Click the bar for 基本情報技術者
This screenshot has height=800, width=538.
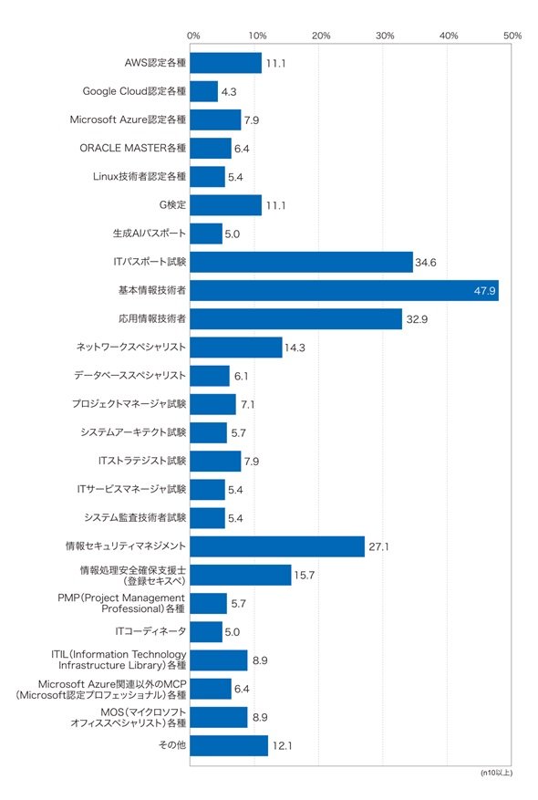pos(344,290)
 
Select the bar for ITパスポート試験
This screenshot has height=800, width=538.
pos(302,262)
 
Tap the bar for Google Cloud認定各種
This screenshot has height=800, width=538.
pos(204,91)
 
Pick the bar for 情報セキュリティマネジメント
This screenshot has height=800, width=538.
pos(277,546)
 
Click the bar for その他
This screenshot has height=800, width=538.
pos(229,745)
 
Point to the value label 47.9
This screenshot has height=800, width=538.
pos(484,291)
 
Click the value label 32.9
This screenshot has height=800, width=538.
pos(417,319)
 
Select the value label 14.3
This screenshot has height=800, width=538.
pos(295,348)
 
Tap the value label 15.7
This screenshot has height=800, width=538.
pos(304,576)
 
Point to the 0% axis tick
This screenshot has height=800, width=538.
pos(193,36)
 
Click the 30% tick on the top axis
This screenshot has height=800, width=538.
pos(385,36)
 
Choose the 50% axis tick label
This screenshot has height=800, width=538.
pos(512,36)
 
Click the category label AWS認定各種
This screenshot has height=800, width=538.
pos(156,63)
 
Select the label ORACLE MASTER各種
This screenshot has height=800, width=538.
pos(133,148)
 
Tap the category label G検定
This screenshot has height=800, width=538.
pos(173,204)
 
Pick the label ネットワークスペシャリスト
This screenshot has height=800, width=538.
pos(131,347)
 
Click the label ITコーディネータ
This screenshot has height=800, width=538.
pos(151,631)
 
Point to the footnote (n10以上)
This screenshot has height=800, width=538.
pos(496,773)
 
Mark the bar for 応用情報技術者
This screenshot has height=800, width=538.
pos(295,319)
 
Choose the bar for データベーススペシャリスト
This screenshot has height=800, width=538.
pos(210,376)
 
